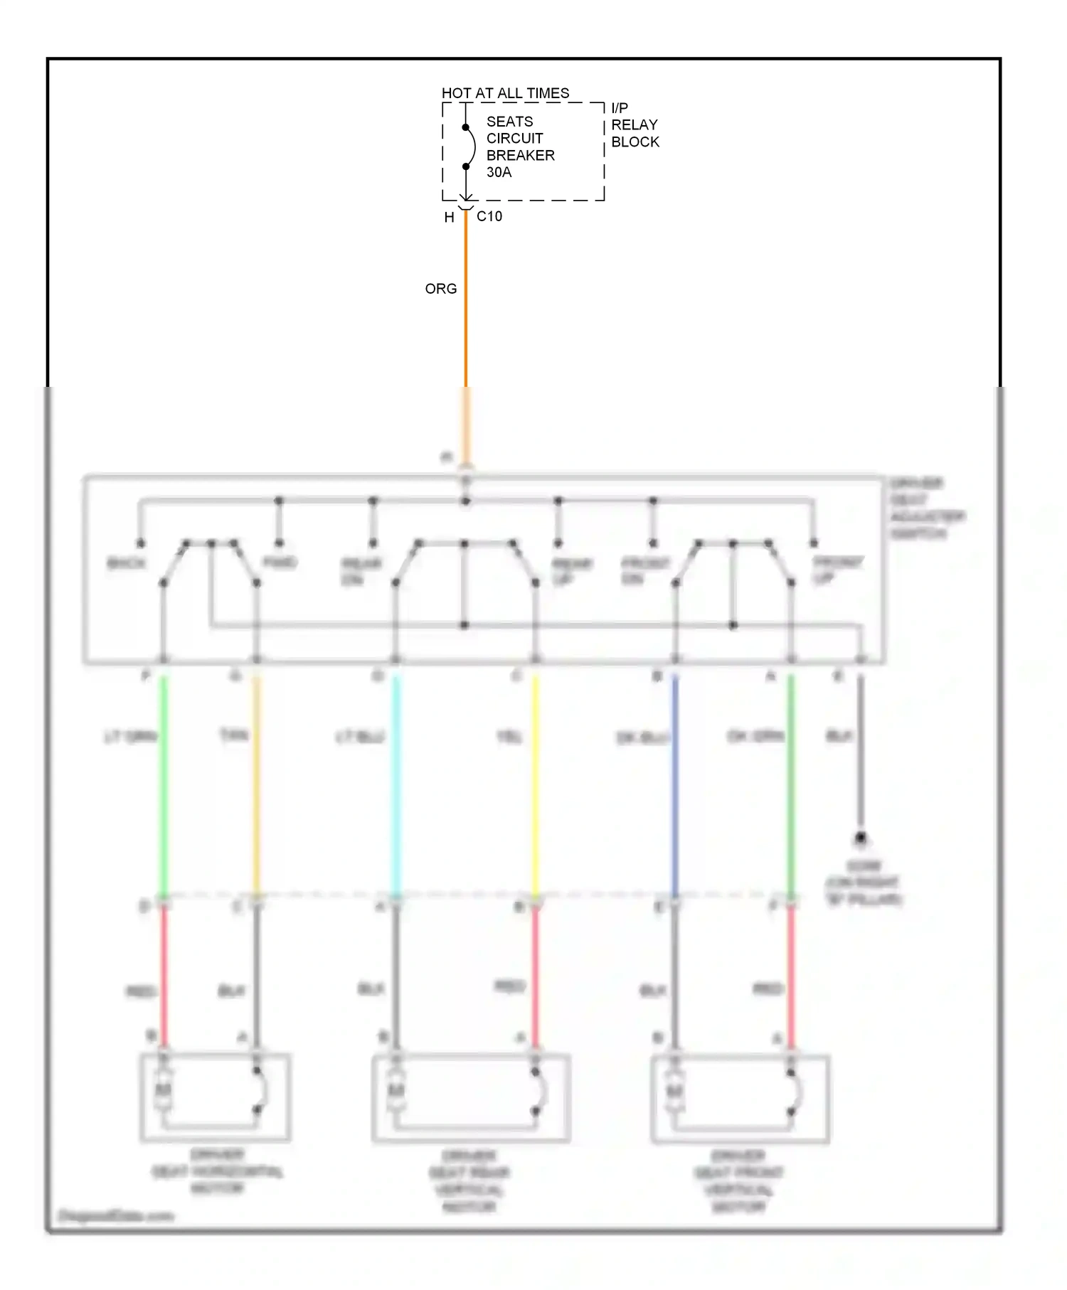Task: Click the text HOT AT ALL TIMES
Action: click(505, 93)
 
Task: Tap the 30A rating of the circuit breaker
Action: click(499, 172)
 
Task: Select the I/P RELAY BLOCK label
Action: click(634, 125)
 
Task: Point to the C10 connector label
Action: click(489, 216)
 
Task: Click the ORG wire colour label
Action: click(440, 289)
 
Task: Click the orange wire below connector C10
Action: click(466, 320)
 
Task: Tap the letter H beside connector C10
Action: click(449, 218)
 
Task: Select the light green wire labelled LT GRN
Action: click(163, 782)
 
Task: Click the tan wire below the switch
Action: click(257, 782)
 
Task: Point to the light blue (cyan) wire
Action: click(396, 782)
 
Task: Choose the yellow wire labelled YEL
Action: click(535, 782)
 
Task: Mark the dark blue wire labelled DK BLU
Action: click(674, 782)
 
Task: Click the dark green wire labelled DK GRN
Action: click(790, 782)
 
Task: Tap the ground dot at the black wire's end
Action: click(860, 838)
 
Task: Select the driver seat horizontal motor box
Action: click(215, 1097)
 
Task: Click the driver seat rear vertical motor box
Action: click(470, 1098)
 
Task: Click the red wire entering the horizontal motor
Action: click(164, 981)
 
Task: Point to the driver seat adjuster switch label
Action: click(927, 508)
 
